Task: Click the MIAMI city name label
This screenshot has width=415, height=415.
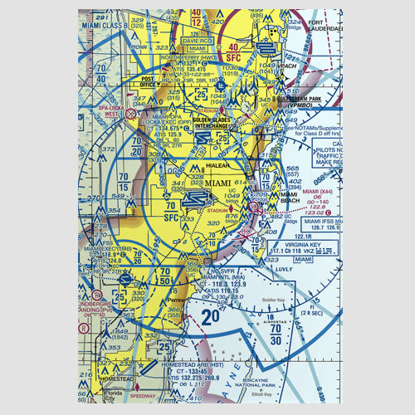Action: coord(219,183)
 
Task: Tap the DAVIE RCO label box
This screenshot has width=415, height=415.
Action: coord(198,41)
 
